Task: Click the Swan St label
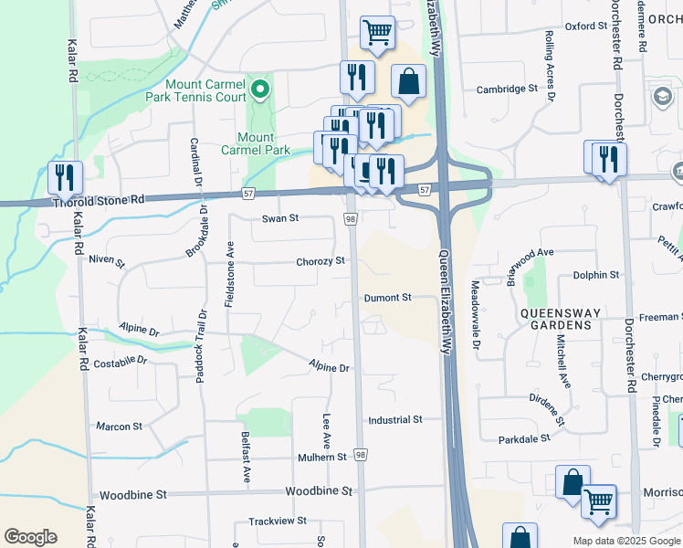pyautogui.click(x=280, y=218)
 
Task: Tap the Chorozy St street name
pyautogui.click(x=320, y=261)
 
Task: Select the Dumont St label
pyautogui.click(x=388, y=298)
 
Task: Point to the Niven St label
pyautogui.click(x=107, y=261)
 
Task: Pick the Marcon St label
pyautogui.click(x=120, y=426)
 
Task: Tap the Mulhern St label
pyautogui.click(x=321, y=457)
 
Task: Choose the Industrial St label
pyautogui.click(x=395, y=420)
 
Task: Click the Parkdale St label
pyautogui.click(x=524, y=438)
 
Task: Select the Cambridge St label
pyautogui.click(x=507, y=90)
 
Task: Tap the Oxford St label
pyautogui.click(x=585, y=26)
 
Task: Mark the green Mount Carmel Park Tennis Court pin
pyautogui.click(x=259, y=89)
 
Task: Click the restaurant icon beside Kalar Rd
pyautogui.click(x=65, y=176)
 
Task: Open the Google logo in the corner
pyautogui.click(x=30, y=537)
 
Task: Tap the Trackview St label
pyautogui.click(x=278, y=521)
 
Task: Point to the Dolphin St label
pyautogui.click(x=595, y=274)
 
